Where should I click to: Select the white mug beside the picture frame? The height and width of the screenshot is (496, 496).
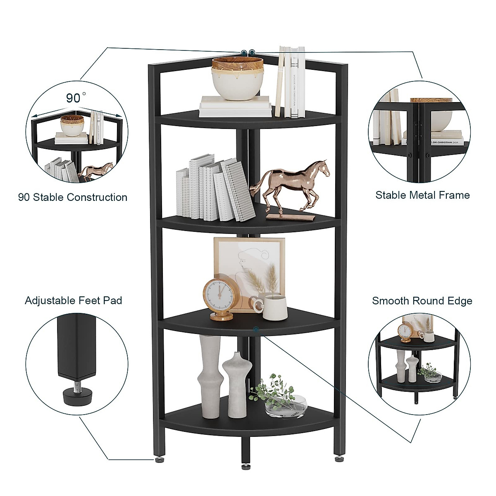(274, 307)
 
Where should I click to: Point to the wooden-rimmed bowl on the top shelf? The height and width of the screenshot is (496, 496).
(238, 78)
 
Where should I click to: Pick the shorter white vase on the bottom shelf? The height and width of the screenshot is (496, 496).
(237, 384)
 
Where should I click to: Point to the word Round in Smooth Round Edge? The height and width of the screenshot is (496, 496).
(427, 301)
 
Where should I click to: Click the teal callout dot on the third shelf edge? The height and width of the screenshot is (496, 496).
(257, 329)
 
